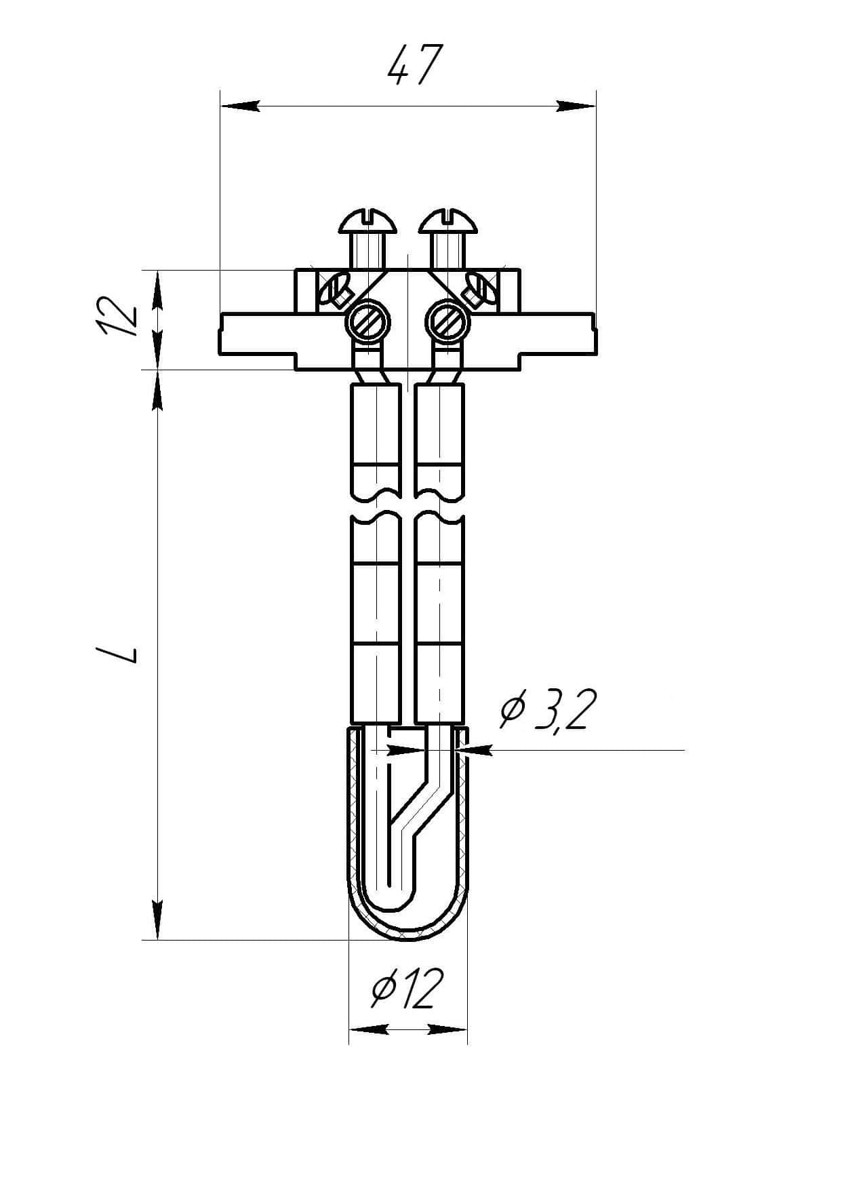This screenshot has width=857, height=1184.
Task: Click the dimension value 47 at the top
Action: click(415, 66)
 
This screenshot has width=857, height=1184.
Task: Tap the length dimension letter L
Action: click(118, 654)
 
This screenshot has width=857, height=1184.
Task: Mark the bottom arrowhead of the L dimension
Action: click(157, 920)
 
